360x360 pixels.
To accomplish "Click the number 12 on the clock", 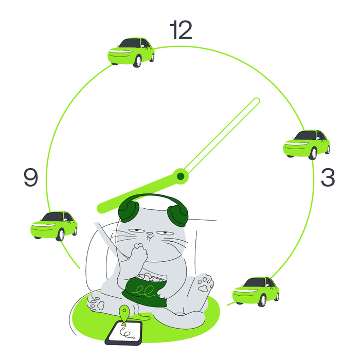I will [181, 31].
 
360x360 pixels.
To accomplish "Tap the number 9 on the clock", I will [31, 177].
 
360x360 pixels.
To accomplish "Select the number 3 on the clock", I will [328, 177].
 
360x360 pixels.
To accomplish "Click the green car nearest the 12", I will [131, 51].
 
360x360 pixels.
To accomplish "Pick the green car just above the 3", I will [307, 144].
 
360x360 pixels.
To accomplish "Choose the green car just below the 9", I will [54, 225].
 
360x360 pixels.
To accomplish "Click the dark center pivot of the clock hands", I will [181, 176].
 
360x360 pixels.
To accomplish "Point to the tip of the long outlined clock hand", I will [257, 100].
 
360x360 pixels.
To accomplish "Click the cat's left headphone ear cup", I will [128, 210].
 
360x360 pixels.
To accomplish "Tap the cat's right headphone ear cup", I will [178, 214].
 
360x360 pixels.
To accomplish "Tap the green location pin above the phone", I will [124, 313].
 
